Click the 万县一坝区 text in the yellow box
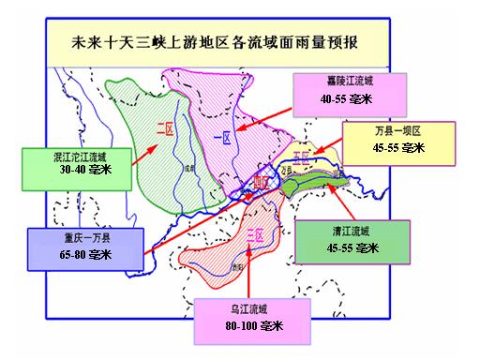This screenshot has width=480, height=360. click(x=385, y=132)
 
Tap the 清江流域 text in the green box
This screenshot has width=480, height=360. click(x=348, y=231)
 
